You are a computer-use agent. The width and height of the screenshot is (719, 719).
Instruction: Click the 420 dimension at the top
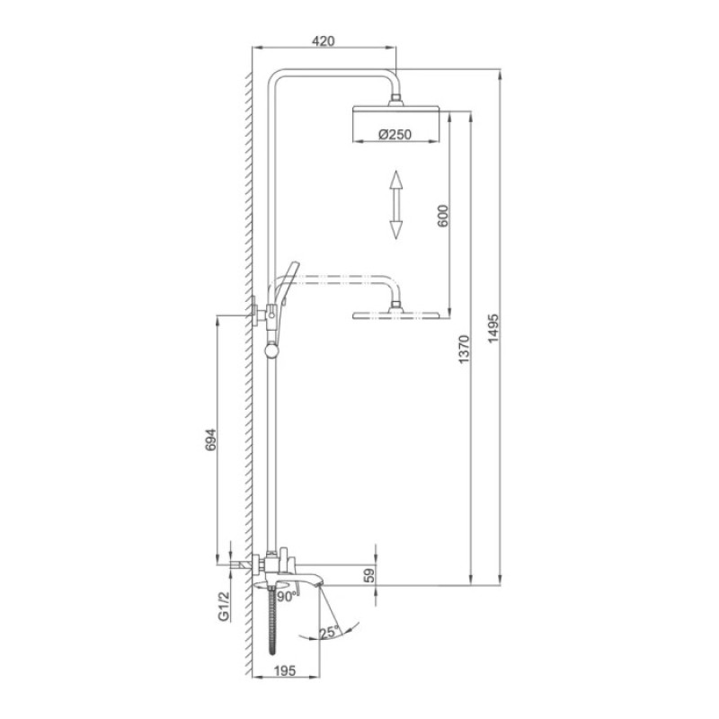click(x=323, y=40)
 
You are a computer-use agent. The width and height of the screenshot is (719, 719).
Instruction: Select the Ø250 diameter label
click(x=395, y=135)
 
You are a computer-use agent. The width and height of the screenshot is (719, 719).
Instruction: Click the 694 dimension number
click(x=211, y=437)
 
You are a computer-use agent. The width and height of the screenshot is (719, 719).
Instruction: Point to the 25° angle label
click(x=329, y=633)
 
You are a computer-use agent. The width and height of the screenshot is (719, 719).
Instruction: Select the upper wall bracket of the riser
click(x=260, y=311)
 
